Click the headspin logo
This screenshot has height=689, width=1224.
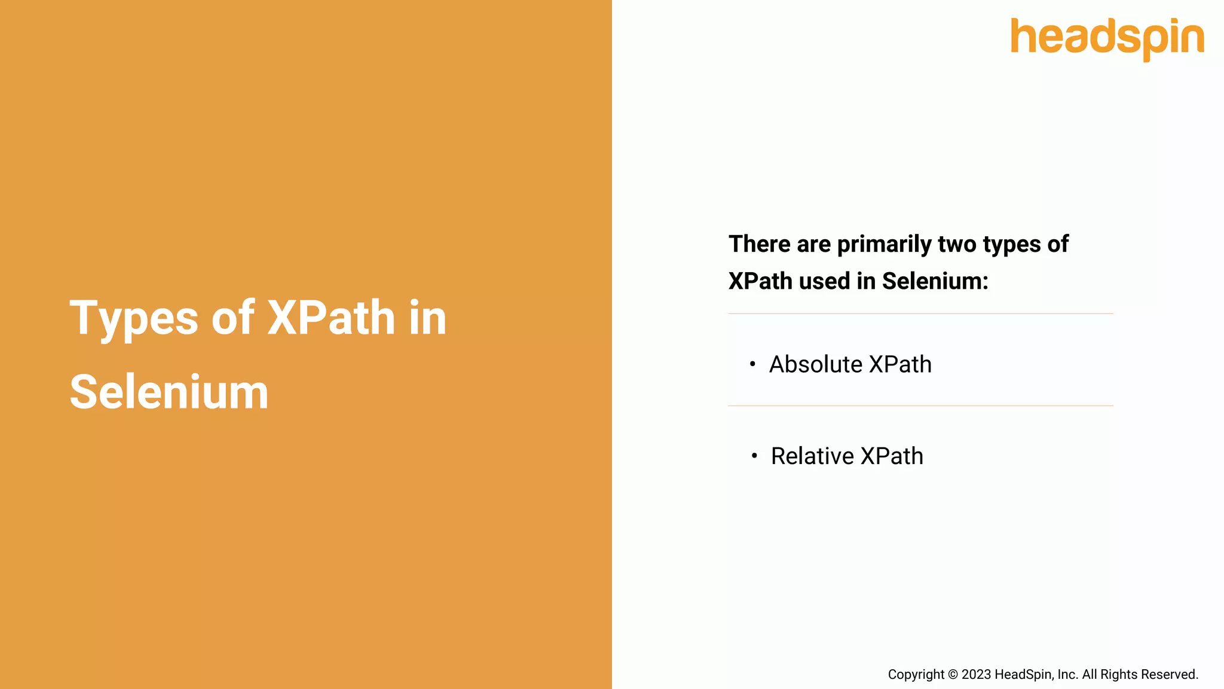(1107, 38)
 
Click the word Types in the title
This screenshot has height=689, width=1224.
(133, 318)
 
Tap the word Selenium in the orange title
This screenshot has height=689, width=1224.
(169, 392)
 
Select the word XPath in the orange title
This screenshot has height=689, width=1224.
(331, 318)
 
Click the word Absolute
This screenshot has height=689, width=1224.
(815, 364)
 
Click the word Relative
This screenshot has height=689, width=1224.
(812, 456)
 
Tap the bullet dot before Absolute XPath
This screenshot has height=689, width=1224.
(752, 364)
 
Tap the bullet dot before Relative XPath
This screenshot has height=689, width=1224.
(754, 456)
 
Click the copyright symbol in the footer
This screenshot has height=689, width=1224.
(953, 675)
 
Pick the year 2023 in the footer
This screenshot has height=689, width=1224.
(976, 675)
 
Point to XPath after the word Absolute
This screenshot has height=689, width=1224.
(900, 364)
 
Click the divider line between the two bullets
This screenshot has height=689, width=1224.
(920, 406)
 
